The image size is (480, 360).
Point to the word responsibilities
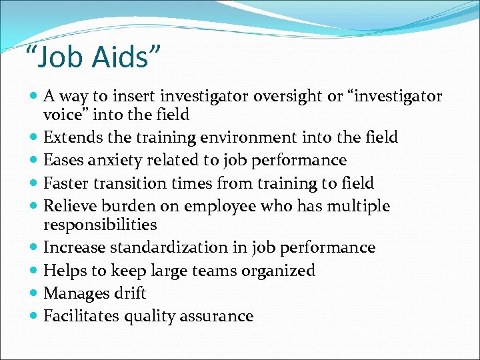(x=100, y=225)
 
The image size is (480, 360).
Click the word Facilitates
(x=78, y=316)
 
